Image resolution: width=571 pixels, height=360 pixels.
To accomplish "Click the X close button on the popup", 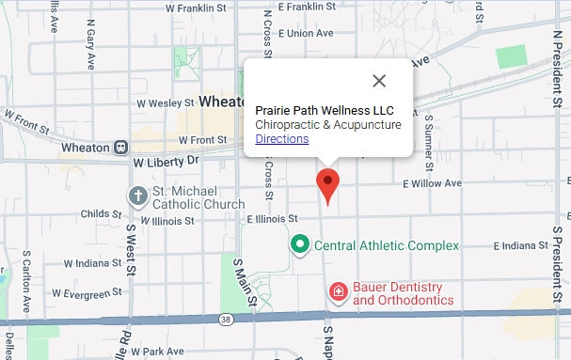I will (x=379, y=81).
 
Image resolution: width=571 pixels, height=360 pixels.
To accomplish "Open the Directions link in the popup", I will (x=282, y=139).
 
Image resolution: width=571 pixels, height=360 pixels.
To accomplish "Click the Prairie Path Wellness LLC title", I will (x=325, y=110).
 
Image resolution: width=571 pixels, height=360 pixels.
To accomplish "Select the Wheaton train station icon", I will (x=120, y=147).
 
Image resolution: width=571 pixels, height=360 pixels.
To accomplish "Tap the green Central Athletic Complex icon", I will (x=300, y=245).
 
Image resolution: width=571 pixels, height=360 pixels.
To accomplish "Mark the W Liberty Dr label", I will (x=167, y=162).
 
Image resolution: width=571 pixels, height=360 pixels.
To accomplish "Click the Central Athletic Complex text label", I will (x=387, y=246).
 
